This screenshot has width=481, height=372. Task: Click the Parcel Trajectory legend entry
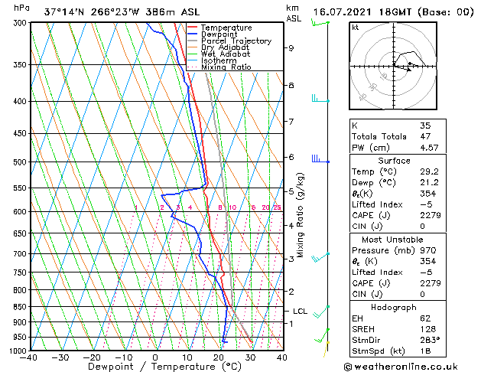236,41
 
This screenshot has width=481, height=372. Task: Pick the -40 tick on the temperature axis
28,357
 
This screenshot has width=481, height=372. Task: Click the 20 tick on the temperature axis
218,357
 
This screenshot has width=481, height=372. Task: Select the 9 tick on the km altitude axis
291,47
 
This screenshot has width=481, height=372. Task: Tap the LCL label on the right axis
300,312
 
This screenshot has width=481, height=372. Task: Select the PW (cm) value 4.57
428,148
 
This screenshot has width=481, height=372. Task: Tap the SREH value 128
427,328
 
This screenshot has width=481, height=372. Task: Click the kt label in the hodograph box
356,27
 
